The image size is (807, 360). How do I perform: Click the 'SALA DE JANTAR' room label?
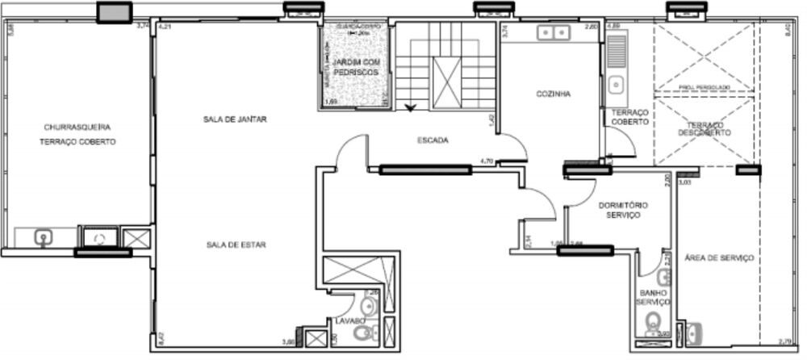tap(235, 119)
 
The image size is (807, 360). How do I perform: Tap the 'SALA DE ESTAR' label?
tap(235, 245)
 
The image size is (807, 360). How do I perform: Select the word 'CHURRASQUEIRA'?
tap(77, 127)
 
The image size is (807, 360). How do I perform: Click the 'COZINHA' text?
tap(554, 94)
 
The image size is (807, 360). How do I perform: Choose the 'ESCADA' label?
tap(433, 140)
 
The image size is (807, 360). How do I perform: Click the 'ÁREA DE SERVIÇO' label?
tap(719, 258)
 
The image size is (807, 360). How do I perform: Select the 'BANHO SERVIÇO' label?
tap(653, 297)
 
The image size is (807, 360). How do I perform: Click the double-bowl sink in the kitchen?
tap(553, 33)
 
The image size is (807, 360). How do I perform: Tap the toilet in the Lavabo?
tap(370, 306)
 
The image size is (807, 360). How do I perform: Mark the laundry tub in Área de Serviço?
tap(695, 332)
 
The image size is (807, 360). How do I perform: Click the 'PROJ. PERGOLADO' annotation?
tap(705, 86)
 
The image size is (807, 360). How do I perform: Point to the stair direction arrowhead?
tap(412, 106)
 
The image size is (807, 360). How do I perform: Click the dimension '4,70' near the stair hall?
tap(486, 161)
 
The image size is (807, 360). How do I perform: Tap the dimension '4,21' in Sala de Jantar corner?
tap(165, 27)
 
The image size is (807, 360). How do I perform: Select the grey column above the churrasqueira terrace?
tap(115, 12)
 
